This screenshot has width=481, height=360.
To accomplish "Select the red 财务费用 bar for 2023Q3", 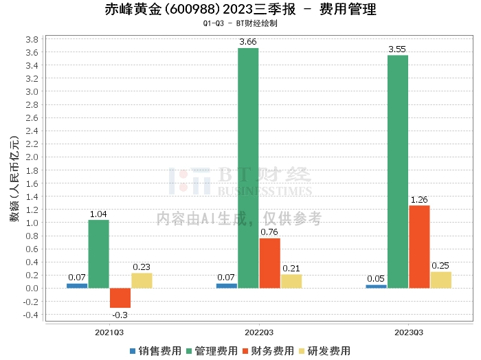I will (419, 247).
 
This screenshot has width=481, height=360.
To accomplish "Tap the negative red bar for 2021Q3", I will (120, 297).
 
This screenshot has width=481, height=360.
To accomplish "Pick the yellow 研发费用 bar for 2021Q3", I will (142, 280).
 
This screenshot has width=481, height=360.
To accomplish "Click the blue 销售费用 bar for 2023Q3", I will (376, 286).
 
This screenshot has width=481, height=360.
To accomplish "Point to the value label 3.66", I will (248, 43).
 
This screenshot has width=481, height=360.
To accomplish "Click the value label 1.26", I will (419, 200).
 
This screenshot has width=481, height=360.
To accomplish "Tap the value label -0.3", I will (120, 314).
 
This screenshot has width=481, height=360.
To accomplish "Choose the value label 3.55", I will (398, 49).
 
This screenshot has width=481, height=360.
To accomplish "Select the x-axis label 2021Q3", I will (109, 332).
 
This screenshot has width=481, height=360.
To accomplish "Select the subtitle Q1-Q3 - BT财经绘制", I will (240, 23).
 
